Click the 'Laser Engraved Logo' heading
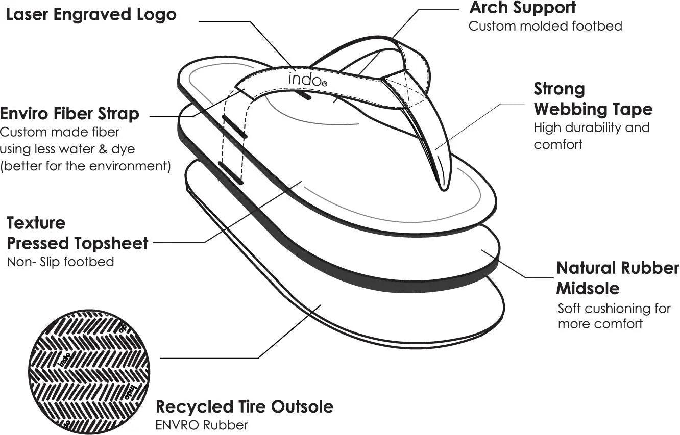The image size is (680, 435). (91, 14)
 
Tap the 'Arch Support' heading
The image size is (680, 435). (522, 8)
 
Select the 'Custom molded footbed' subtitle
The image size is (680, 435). (545, 26)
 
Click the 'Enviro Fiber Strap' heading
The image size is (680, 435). (69, 113)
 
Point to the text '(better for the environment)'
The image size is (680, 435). (86, 166)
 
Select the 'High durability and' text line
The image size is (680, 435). (592, 127)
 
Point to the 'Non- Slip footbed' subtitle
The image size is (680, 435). (60, 262)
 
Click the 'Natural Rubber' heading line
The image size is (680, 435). (618, 268)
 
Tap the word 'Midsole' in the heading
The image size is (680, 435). (587, 288)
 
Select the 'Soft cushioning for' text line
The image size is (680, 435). (614, 309)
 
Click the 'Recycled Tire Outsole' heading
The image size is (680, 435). (244, 406)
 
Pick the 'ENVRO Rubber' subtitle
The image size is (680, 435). (202, 424)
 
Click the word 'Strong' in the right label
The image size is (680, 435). (559, 89)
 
